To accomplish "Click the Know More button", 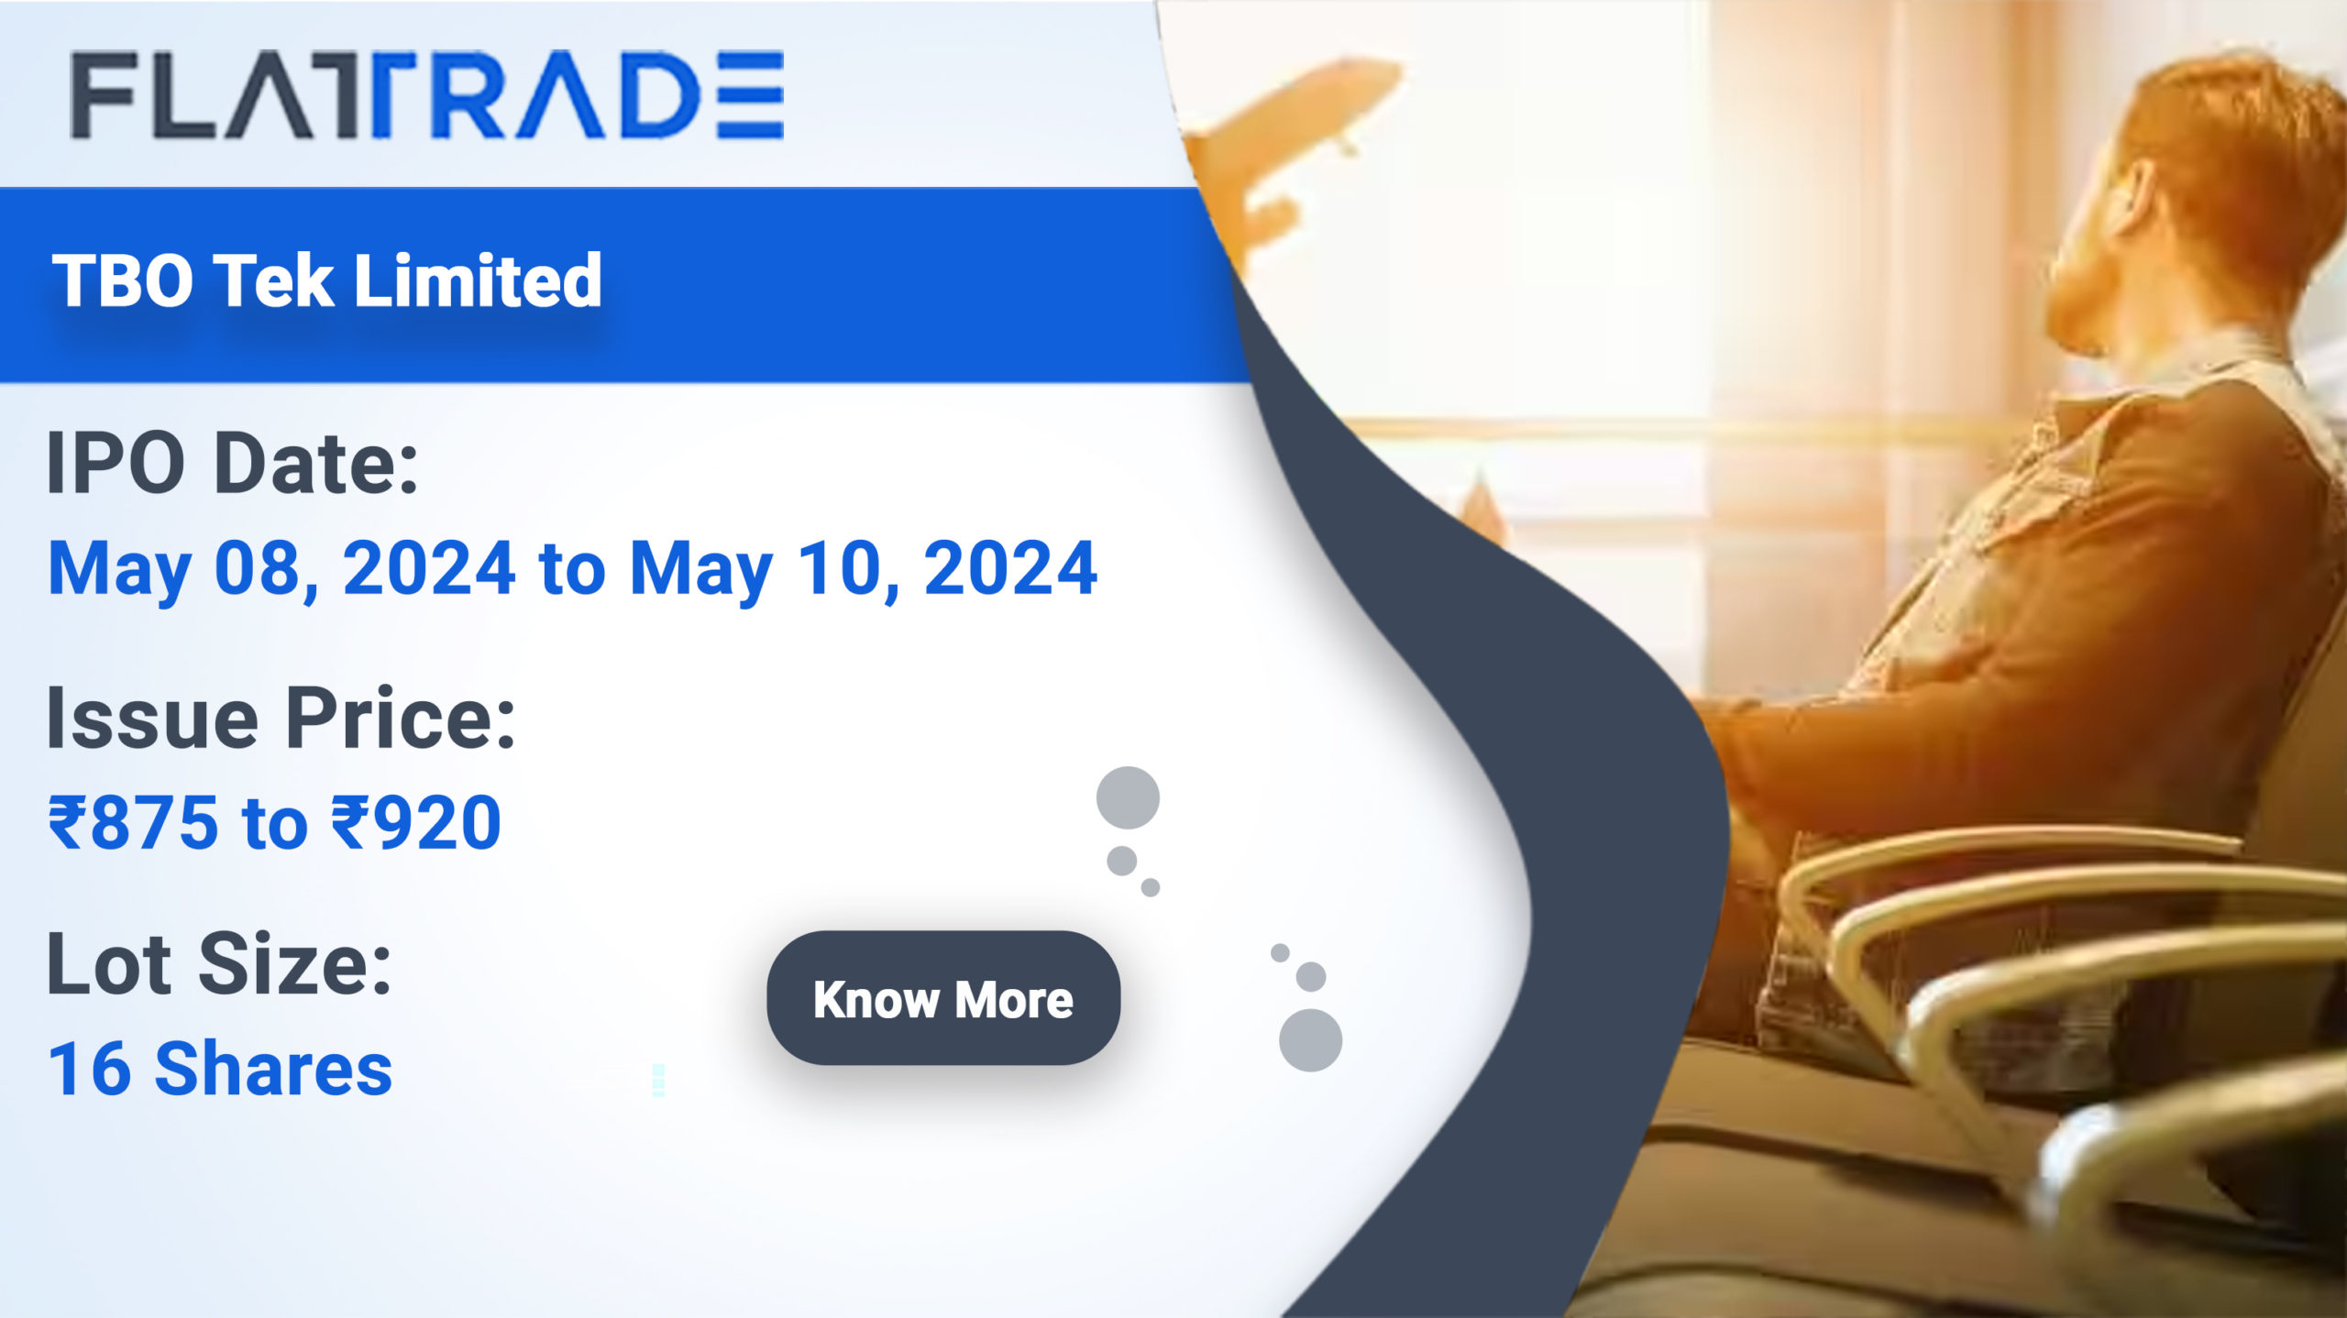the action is click(x=943, y=998).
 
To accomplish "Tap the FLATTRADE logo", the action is click(x=427, y=94).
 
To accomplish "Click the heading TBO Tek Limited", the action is click(x=327, y=280).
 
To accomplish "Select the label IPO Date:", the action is click(x=233, y=463).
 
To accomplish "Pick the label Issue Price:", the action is click(x=281, y=719).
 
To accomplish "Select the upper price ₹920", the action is click(x=416, y=822).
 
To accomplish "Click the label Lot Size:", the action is click(x=219, y=964).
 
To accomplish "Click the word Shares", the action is click(x=274, y=1069).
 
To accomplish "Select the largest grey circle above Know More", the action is click(x=1128, y=797).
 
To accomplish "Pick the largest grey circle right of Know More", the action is click(x=1310, y=1040).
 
